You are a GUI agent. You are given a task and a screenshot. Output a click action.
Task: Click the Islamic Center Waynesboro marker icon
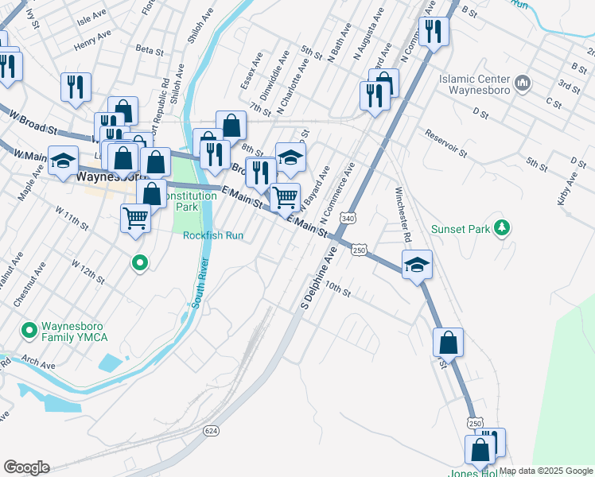[523, 83]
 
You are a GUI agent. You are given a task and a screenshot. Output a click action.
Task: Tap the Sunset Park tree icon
[501, 229]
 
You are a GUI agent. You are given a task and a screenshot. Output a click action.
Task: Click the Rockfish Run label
[212, 235]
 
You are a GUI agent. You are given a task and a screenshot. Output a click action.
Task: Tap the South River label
[200, 284]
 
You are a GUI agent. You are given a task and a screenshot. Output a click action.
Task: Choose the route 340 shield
[347, 218]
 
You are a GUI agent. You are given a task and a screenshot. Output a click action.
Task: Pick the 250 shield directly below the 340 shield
[359, 250]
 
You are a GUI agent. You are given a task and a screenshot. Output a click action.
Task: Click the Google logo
[26, 467]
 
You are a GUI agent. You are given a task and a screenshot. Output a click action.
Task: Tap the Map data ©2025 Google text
[546, 471]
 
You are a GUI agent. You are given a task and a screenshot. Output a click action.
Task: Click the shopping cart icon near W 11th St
[136, 216]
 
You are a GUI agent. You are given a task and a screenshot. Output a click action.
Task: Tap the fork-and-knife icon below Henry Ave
[76, 87]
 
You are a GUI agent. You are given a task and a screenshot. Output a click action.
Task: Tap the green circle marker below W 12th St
[140, 262]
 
